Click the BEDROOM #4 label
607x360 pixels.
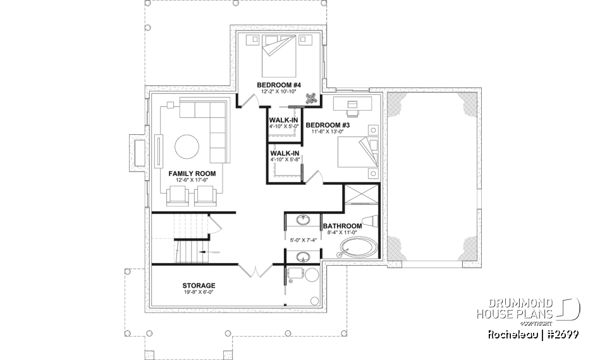[278, 85]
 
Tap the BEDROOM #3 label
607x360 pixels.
[328, 125]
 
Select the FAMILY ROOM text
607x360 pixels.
[192, 173]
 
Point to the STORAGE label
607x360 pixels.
[199, 285]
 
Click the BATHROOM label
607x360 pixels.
[342, 226]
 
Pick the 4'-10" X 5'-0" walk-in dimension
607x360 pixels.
[283, 127]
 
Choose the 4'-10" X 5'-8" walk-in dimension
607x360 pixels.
[283, 160]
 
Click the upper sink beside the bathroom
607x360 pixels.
[304, 221]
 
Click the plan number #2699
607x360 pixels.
[559, 333]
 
